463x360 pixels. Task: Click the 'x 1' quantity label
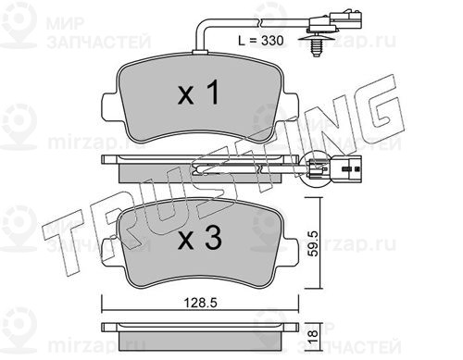199,92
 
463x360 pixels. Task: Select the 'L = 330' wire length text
261,41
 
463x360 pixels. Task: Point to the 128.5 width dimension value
201,303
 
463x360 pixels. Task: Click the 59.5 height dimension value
314,243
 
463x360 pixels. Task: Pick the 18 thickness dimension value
313,334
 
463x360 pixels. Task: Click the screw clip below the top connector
315,45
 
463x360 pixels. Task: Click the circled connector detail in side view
315,169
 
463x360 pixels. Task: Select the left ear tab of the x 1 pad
109,106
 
